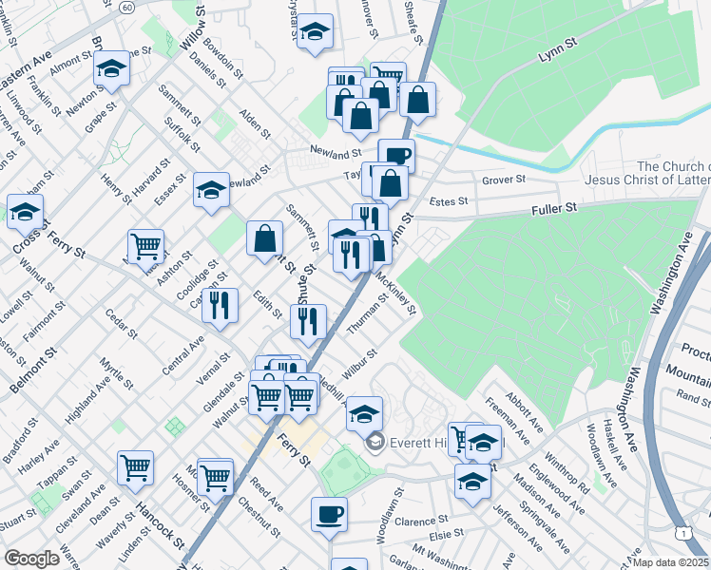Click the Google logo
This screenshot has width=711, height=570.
(x=32, y=559)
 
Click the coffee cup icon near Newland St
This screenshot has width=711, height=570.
(x=396, y=155)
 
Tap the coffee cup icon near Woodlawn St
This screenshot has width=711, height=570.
(x=329, y=514)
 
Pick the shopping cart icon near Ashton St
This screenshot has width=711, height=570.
(x=145, y=246)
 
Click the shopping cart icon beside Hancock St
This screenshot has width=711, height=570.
(x=136, y=467)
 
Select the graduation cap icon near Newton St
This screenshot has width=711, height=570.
(x=112, y=68)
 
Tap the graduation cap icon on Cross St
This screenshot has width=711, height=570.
(x=26, y=212)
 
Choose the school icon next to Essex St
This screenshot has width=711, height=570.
(x=211, y=189)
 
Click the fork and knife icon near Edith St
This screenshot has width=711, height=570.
(x=220, y=304)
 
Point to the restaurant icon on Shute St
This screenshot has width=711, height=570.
(x=308, y=321)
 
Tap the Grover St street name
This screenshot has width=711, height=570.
(x=504, y=179)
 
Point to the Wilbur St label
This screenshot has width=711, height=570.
(x=360, y=363)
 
